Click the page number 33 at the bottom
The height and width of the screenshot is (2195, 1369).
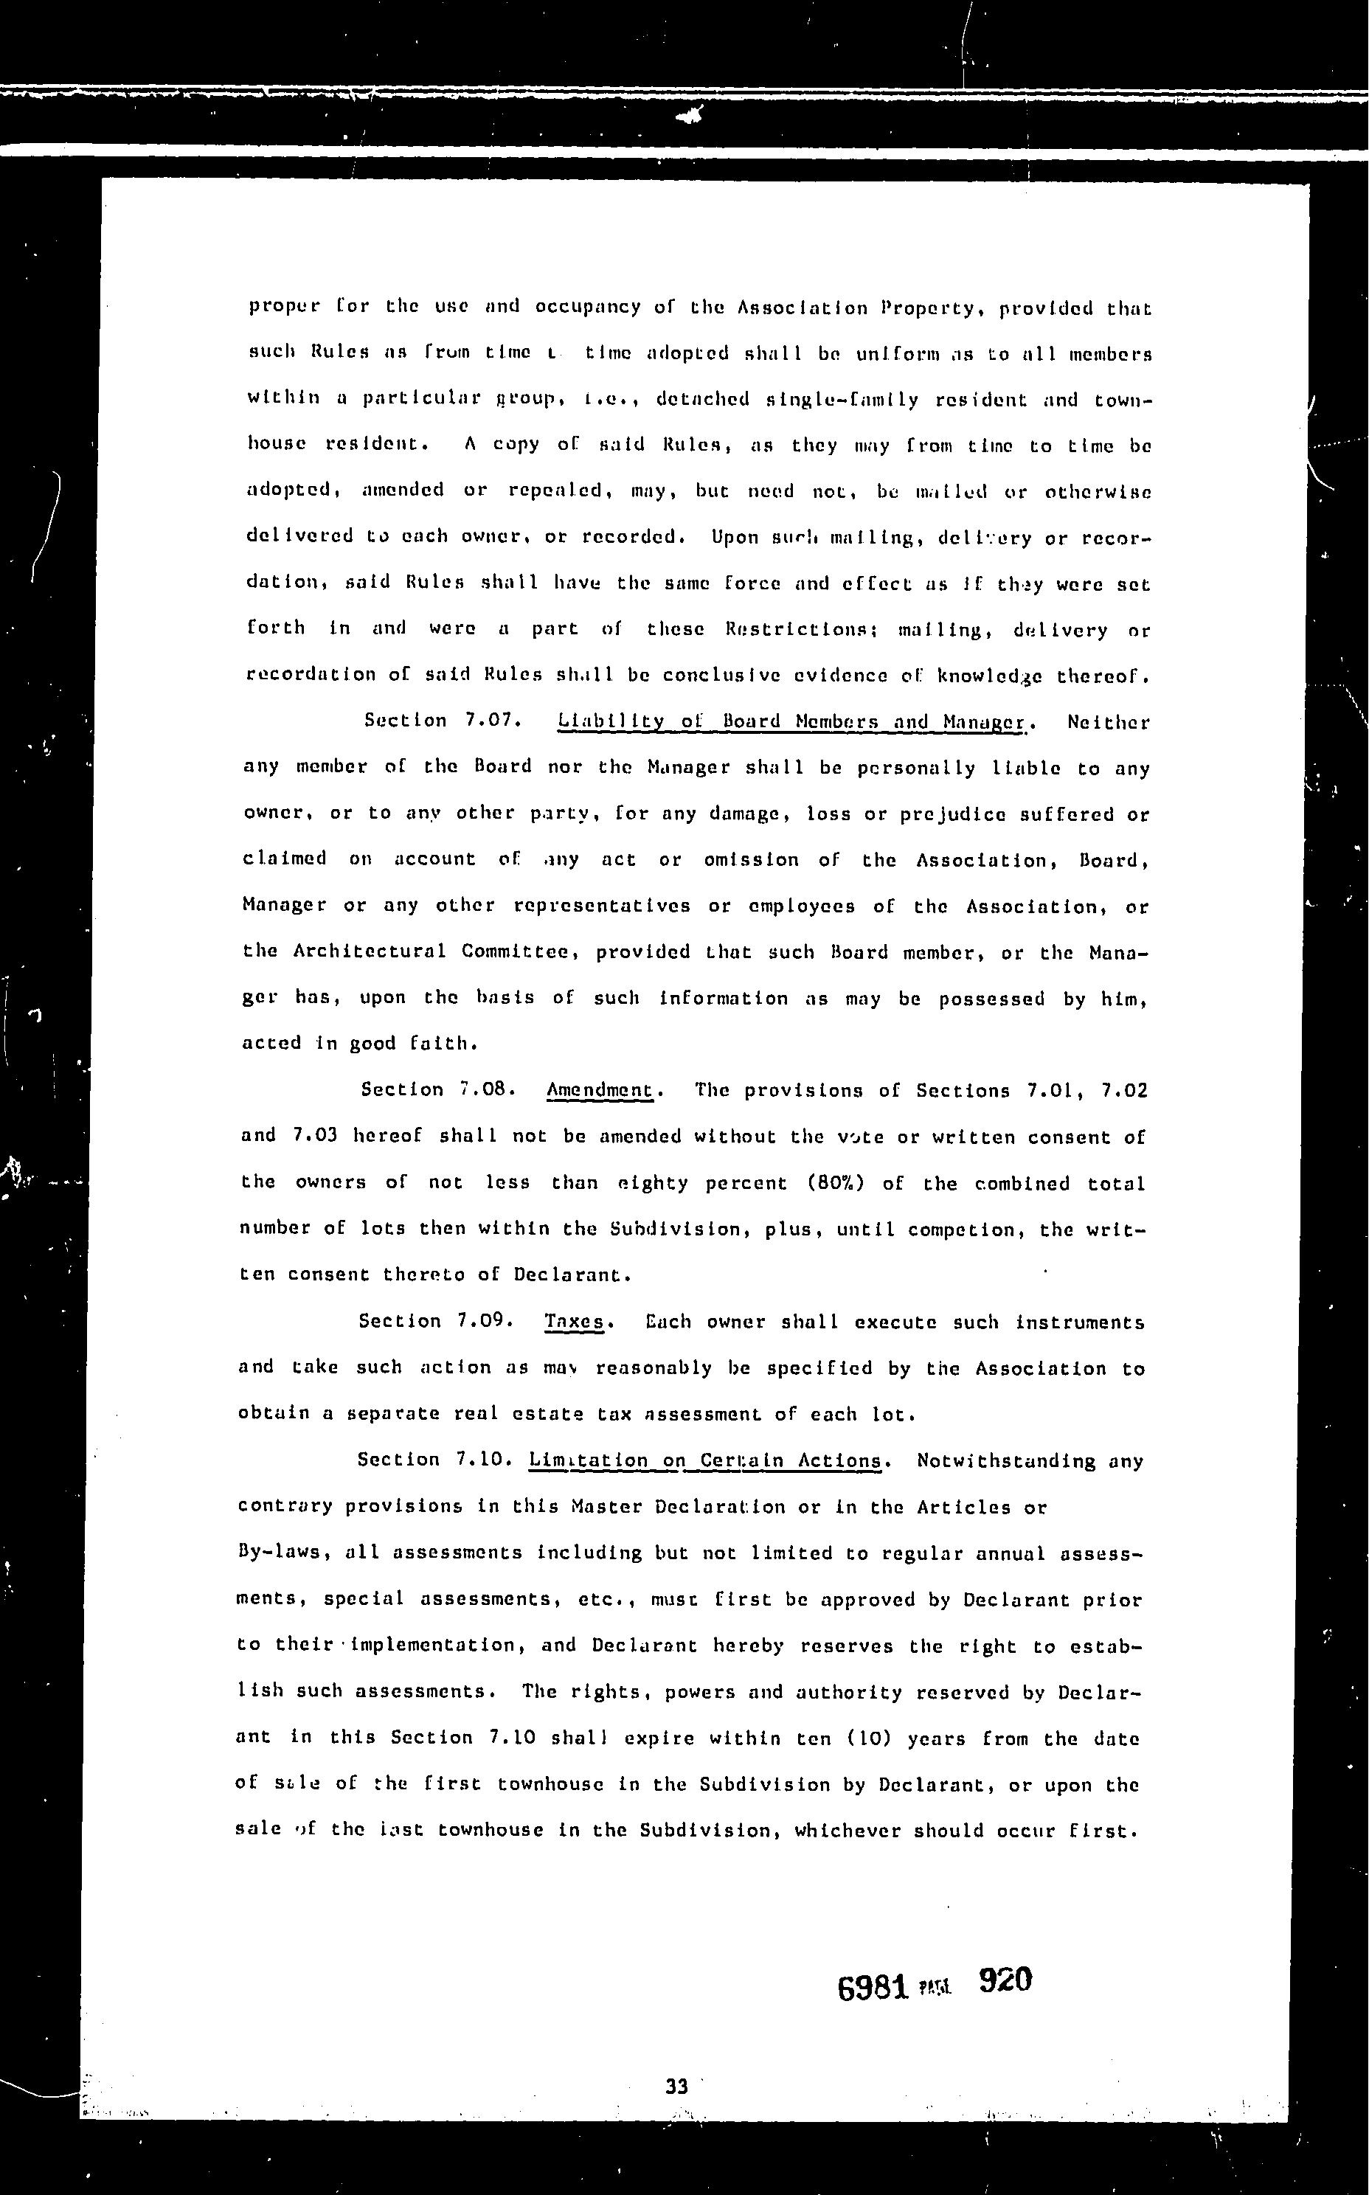[676, 2087]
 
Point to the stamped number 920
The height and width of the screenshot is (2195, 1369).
[1005, 1980]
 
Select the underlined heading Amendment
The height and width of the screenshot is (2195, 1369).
[600, 1090]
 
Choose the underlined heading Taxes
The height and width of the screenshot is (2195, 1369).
[574, 1322]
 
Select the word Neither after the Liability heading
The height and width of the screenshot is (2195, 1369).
[1108, 722]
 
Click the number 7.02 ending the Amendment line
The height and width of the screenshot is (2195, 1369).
[1125, 1091]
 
